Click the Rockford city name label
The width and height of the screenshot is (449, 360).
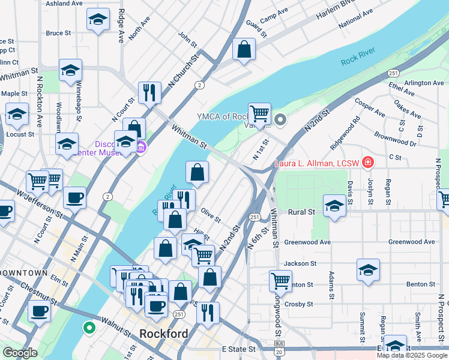pos(163,334)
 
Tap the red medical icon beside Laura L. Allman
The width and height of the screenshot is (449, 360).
pos(367,163)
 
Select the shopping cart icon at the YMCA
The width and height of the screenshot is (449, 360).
pos(259,113)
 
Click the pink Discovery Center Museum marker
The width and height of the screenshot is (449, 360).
pos(141,147)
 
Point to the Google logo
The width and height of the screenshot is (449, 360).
pos(20,353)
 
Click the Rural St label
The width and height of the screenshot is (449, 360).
pos(301,212)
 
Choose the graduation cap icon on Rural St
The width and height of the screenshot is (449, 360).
pos(334,205)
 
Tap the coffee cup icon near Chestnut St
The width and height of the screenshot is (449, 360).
pos(39,311)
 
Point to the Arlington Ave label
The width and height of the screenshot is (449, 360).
pos(424,83)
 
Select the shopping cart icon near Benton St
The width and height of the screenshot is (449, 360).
pos(280,280)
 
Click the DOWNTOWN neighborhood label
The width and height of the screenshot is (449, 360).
pos(24,272)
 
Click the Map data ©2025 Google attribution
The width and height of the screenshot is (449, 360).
pos(411,355)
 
